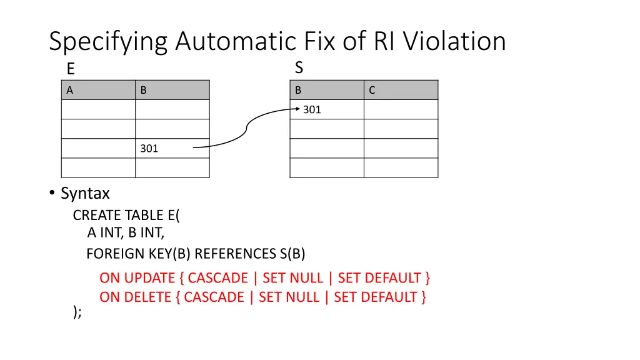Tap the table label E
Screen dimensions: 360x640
point(71,69)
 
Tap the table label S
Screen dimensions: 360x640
point(299,67)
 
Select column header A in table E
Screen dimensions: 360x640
point(70,90)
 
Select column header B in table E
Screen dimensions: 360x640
point(144,90)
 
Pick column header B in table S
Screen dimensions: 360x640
point(298,90)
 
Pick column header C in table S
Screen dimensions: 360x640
point(372,90)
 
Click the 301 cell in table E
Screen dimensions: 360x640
point(149,149)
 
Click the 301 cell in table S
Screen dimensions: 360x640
point(312,110)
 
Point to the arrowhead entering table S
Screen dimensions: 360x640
point(297,109)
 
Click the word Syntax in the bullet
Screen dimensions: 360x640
point(85,194)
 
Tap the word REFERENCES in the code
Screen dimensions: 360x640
point(236,254)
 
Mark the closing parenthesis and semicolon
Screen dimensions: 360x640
point(77,312)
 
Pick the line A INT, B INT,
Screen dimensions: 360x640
point(126,234)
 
